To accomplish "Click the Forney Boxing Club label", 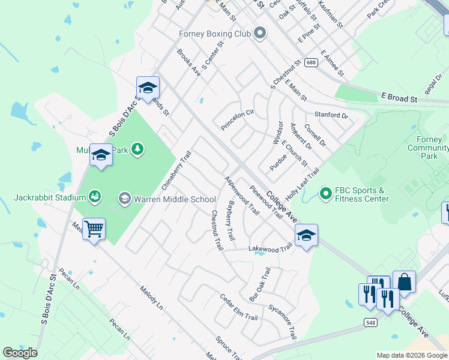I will tap(214, 34).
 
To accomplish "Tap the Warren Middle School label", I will tap(174, 199).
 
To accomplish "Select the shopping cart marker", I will tap(94, 229).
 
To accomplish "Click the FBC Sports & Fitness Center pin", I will tap(326, 193).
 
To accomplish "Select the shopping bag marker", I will tap(404, 283).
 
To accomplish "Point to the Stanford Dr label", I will tap(331, 115).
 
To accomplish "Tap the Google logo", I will tap(20, 353).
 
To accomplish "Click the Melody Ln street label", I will tap(151, 296).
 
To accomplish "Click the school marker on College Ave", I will tap(306, 236).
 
